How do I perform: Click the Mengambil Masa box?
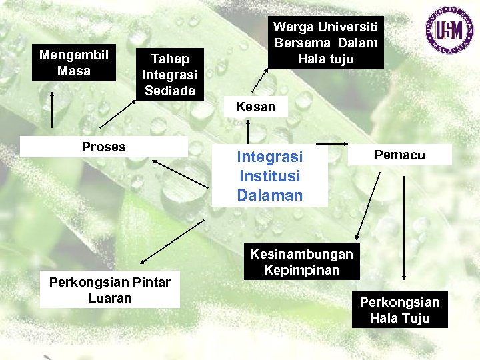click(x=73, y=63)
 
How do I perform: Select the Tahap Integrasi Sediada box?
click(x=169, y=75)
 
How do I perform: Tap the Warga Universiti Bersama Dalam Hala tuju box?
click(x=325, y=43)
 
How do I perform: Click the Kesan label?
click(x=256, y=107)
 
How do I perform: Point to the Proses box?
click(x=103, y=147)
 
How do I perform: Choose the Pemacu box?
click(x=399, y=155)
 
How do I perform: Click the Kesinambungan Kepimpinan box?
click(x=301, y=262)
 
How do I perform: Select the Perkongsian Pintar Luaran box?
click(x=109, y=290)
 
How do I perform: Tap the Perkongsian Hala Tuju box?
click(x=399, y=310)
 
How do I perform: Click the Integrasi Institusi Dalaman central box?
click(x=269, y=176)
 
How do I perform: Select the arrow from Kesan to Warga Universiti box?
click(x=261, y=81)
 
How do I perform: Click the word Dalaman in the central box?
click(x=269, y=195)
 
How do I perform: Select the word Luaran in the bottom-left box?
click(x=109, y=298)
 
